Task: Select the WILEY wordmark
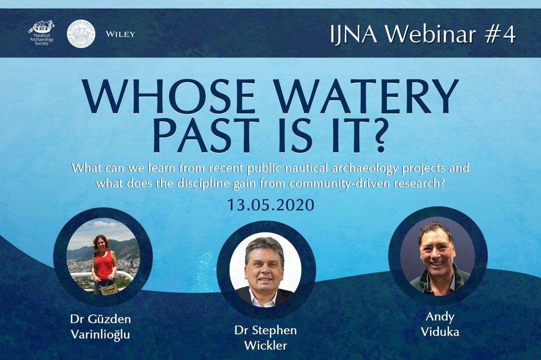pos(120,34)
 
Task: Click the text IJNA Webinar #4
pos(423,34)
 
